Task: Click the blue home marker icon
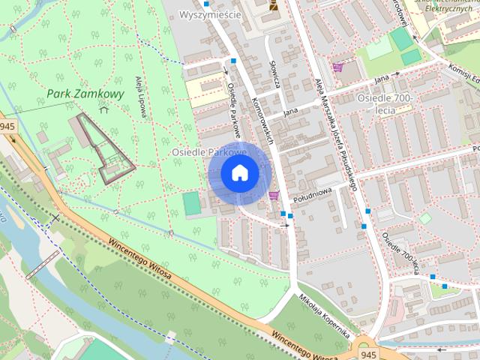240,174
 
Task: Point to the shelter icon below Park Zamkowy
103,109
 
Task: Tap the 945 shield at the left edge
7,127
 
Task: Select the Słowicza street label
275,75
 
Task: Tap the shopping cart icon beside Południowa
274,195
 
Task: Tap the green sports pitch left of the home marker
192,202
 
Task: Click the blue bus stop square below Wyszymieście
234,61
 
